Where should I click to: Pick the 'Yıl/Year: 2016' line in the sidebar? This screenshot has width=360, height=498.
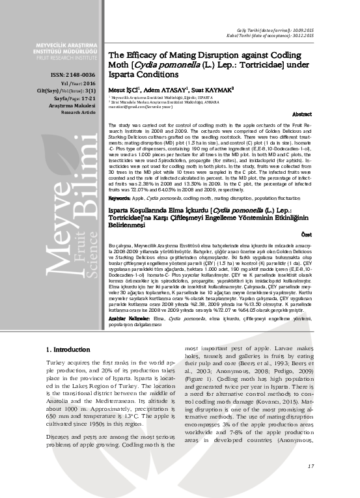pos(78,84)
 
